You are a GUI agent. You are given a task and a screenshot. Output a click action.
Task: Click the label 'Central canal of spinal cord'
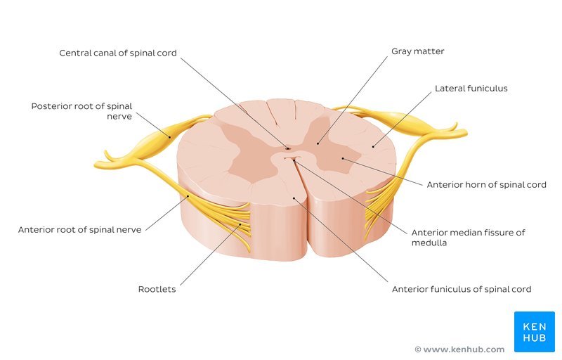[117, 53]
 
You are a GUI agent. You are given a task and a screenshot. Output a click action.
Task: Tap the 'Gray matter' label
[418, 51]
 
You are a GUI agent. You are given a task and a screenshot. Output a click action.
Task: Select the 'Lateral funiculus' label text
[471, 89]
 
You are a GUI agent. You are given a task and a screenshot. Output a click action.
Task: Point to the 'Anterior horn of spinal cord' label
[486, 185]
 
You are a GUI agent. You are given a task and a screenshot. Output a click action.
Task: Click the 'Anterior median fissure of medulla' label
[468, 238]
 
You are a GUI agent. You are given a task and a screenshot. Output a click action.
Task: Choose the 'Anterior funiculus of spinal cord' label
[461, 289]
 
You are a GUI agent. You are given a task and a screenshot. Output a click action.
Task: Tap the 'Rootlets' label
[157, 289]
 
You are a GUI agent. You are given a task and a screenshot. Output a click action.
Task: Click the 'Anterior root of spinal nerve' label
[79, 229]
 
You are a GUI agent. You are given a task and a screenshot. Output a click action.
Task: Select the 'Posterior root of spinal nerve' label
[81, 111]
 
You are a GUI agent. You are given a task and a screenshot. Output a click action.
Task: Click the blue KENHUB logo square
[534, 331]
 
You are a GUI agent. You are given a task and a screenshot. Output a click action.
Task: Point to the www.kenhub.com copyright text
[459, 349]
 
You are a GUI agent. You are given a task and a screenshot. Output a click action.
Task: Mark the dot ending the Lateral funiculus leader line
[373, 146]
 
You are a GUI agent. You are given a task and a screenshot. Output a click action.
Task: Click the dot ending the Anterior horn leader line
[342, 158]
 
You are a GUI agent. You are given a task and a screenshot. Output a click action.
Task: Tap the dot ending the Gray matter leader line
[318, 143]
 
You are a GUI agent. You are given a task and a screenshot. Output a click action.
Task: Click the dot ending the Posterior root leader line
[169, 135]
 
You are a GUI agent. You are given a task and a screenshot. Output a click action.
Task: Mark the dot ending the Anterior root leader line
[188, 197]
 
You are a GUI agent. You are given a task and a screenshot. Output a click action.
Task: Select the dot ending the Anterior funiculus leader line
[294, 198]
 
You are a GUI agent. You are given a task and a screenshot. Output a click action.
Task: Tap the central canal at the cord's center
[288, 148]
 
